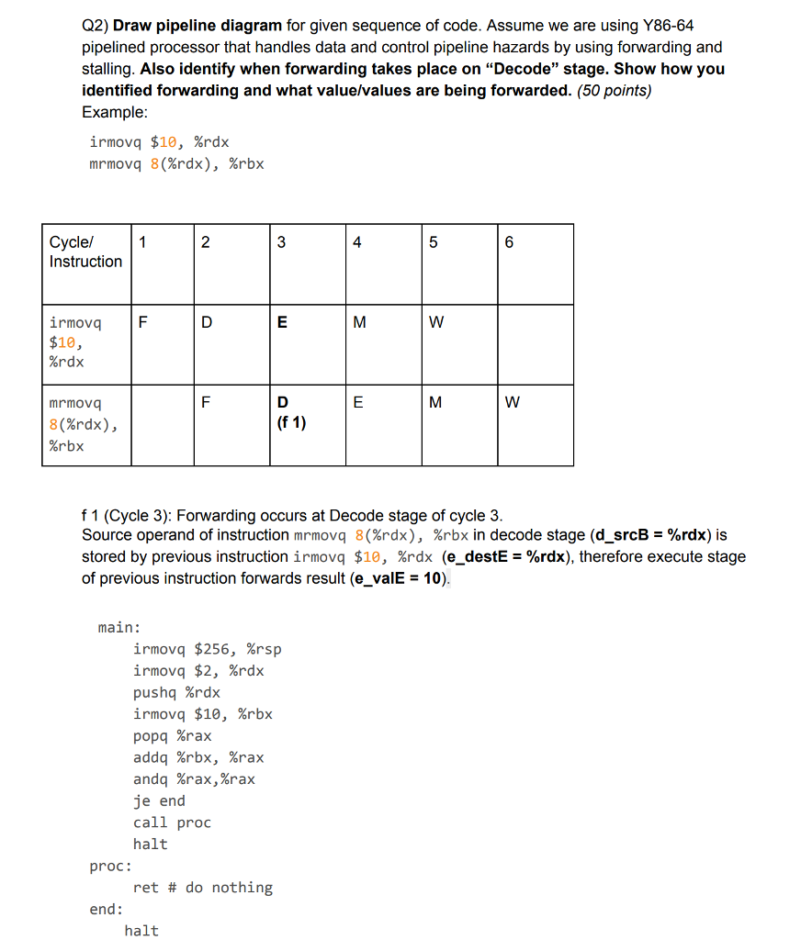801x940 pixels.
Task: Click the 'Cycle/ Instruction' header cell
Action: point(85,252)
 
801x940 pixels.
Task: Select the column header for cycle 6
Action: point(510,243)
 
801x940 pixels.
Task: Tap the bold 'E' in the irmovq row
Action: point(282,323)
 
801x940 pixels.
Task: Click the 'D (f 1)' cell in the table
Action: point(290,413)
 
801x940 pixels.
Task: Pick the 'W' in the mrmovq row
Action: point(513,402)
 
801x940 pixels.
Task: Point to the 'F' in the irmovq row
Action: point(141,323)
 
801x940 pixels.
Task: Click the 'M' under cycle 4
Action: point(359,323)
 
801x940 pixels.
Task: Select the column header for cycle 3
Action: point(281,243)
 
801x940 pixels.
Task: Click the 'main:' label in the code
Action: point(119,628)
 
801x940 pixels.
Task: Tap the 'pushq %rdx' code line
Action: point(176,692)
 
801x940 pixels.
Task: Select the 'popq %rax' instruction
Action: point(172,736)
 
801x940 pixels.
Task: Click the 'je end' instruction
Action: point(159,800)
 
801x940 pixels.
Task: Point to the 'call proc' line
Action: point(172,822)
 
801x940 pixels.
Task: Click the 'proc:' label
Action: point(110,866)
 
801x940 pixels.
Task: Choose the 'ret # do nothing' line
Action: point(202,888)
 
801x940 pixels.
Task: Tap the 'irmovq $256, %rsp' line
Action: point(207,649)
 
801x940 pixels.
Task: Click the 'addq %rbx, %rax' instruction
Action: point(198,757)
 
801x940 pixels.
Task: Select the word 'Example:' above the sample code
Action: point(114,112)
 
